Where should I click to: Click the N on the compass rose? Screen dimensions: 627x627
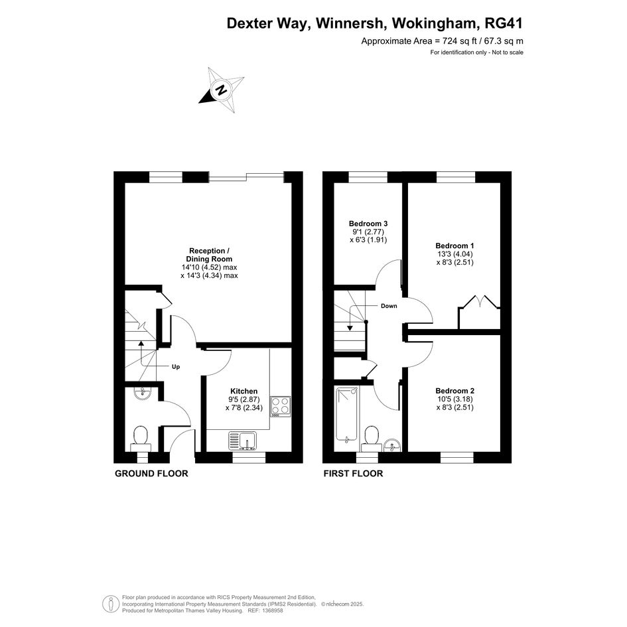pyautogui.click(x=221, y=90)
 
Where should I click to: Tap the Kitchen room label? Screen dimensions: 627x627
pyautogui.click(x=244, y=391)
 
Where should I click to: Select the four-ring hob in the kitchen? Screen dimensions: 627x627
pyautogui.click(x=280, y=406)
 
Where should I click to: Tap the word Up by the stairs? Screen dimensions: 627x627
pyautogui.click(x=176, y=367)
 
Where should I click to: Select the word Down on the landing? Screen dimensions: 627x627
pyautogui.click(x=389, y=306)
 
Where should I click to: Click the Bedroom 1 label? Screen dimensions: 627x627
pyautogui.click(x=454, y=245)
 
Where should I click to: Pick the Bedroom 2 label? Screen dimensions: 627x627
pyautogui.click(x=454, y=391)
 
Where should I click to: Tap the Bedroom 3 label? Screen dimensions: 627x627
pyautogui.click(x=368, y=224)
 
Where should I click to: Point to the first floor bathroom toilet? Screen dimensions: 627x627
pyautogui.click(x=371, y=439)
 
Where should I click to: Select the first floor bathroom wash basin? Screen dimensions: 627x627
pyautogui.click(x=392, y=445)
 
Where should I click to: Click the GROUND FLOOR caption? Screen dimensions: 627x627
pyautogui.click(x=151, y=474)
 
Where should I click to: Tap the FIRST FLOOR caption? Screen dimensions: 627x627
pyautogui.click(x=353, y=474)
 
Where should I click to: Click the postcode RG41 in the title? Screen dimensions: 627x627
pyautogui.click(x=504, y=23)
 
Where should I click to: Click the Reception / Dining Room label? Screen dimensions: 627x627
pyautogui.click(x=209, y=255)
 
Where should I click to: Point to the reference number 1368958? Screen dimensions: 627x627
pyautogui.click(x=271, y=610)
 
